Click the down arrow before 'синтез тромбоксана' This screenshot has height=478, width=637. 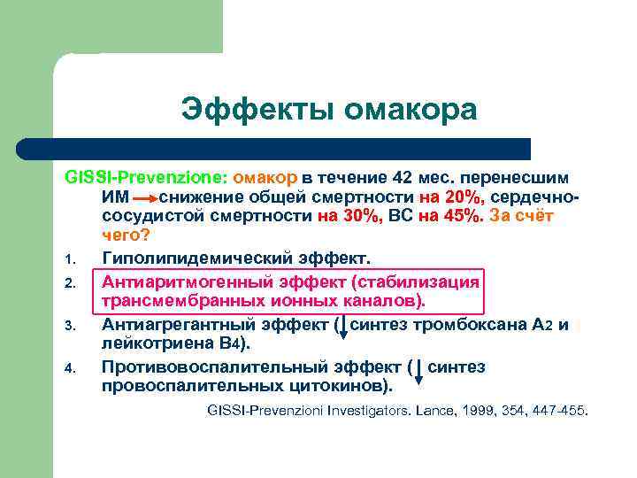pos(344,326)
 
